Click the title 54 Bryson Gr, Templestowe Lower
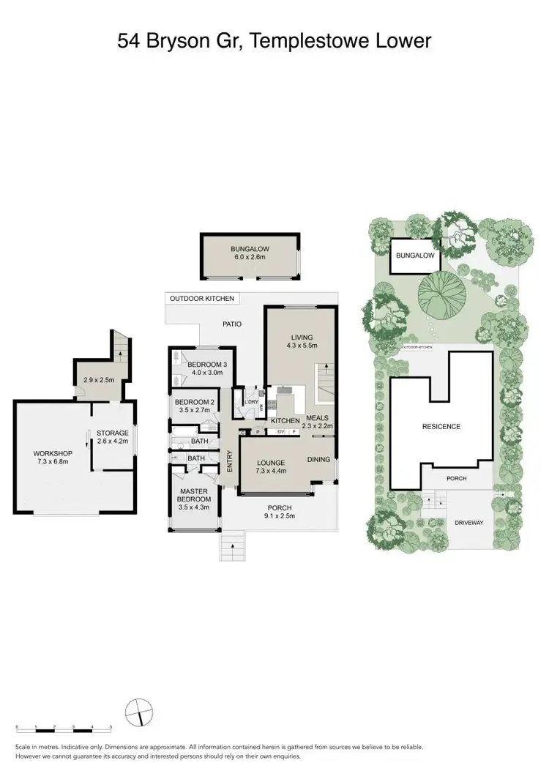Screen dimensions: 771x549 click(x=274, y=41)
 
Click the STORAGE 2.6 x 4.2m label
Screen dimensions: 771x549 click(x=113, y=437)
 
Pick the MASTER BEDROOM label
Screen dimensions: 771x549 click(x=195, y=499)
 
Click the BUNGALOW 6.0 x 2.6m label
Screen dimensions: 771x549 click(x=250, y=253)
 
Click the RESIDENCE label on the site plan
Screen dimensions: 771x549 click(x=441, y=426)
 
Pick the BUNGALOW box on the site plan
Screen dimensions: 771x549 click(x=415, y=256)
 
